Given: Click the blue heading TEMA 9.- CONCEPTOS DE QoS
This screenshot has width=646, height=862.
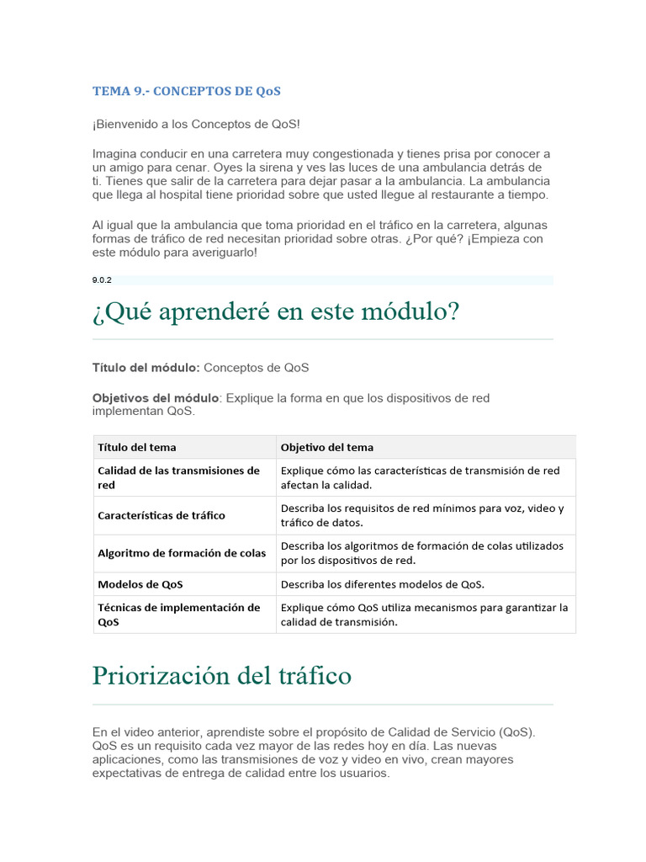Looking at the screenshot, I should point(186,91).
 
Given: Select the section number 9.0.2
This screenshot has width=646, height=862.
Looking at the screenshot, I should point(101,280).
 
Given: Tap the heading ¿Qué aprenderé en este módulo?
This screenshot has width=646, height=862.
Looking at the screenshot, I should point(276,312).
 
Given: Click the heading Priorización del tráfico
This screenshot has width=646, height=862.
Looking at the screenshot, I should point(222,675).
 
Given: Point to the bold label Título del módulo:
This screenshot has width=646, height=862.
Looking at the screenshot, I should point(146,368).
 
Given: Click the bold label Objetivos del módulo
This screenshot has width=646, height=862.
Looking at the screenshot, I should point(156,397).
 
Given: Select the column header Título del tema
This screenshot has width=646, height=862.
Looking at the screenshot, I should point(137,447).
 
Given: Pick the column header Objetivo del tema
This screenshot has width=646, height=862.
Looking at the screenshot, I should point(327,447).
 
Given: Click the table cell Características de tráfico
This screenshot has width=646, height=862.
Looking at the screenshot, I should point(161,515).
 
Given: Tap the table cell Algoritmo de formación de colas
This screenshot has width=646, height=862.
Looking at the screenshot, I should point(182,553).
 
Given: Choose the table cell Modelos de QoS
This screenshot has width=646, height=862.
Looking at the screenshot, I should point(140,584).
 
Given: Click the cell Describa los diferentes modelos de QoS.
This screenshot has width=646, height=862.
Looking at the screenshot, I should point(383,584).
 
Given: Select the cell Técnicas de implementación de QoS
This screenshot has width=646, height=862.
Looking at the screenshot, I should point(179,615).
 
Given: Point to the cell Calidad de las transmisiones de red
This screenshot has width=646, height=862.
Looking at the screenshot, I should point(178,477).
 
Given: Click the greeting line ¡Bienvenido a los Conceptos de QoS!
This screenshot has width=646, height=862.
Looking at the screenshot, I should point(196,125).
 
